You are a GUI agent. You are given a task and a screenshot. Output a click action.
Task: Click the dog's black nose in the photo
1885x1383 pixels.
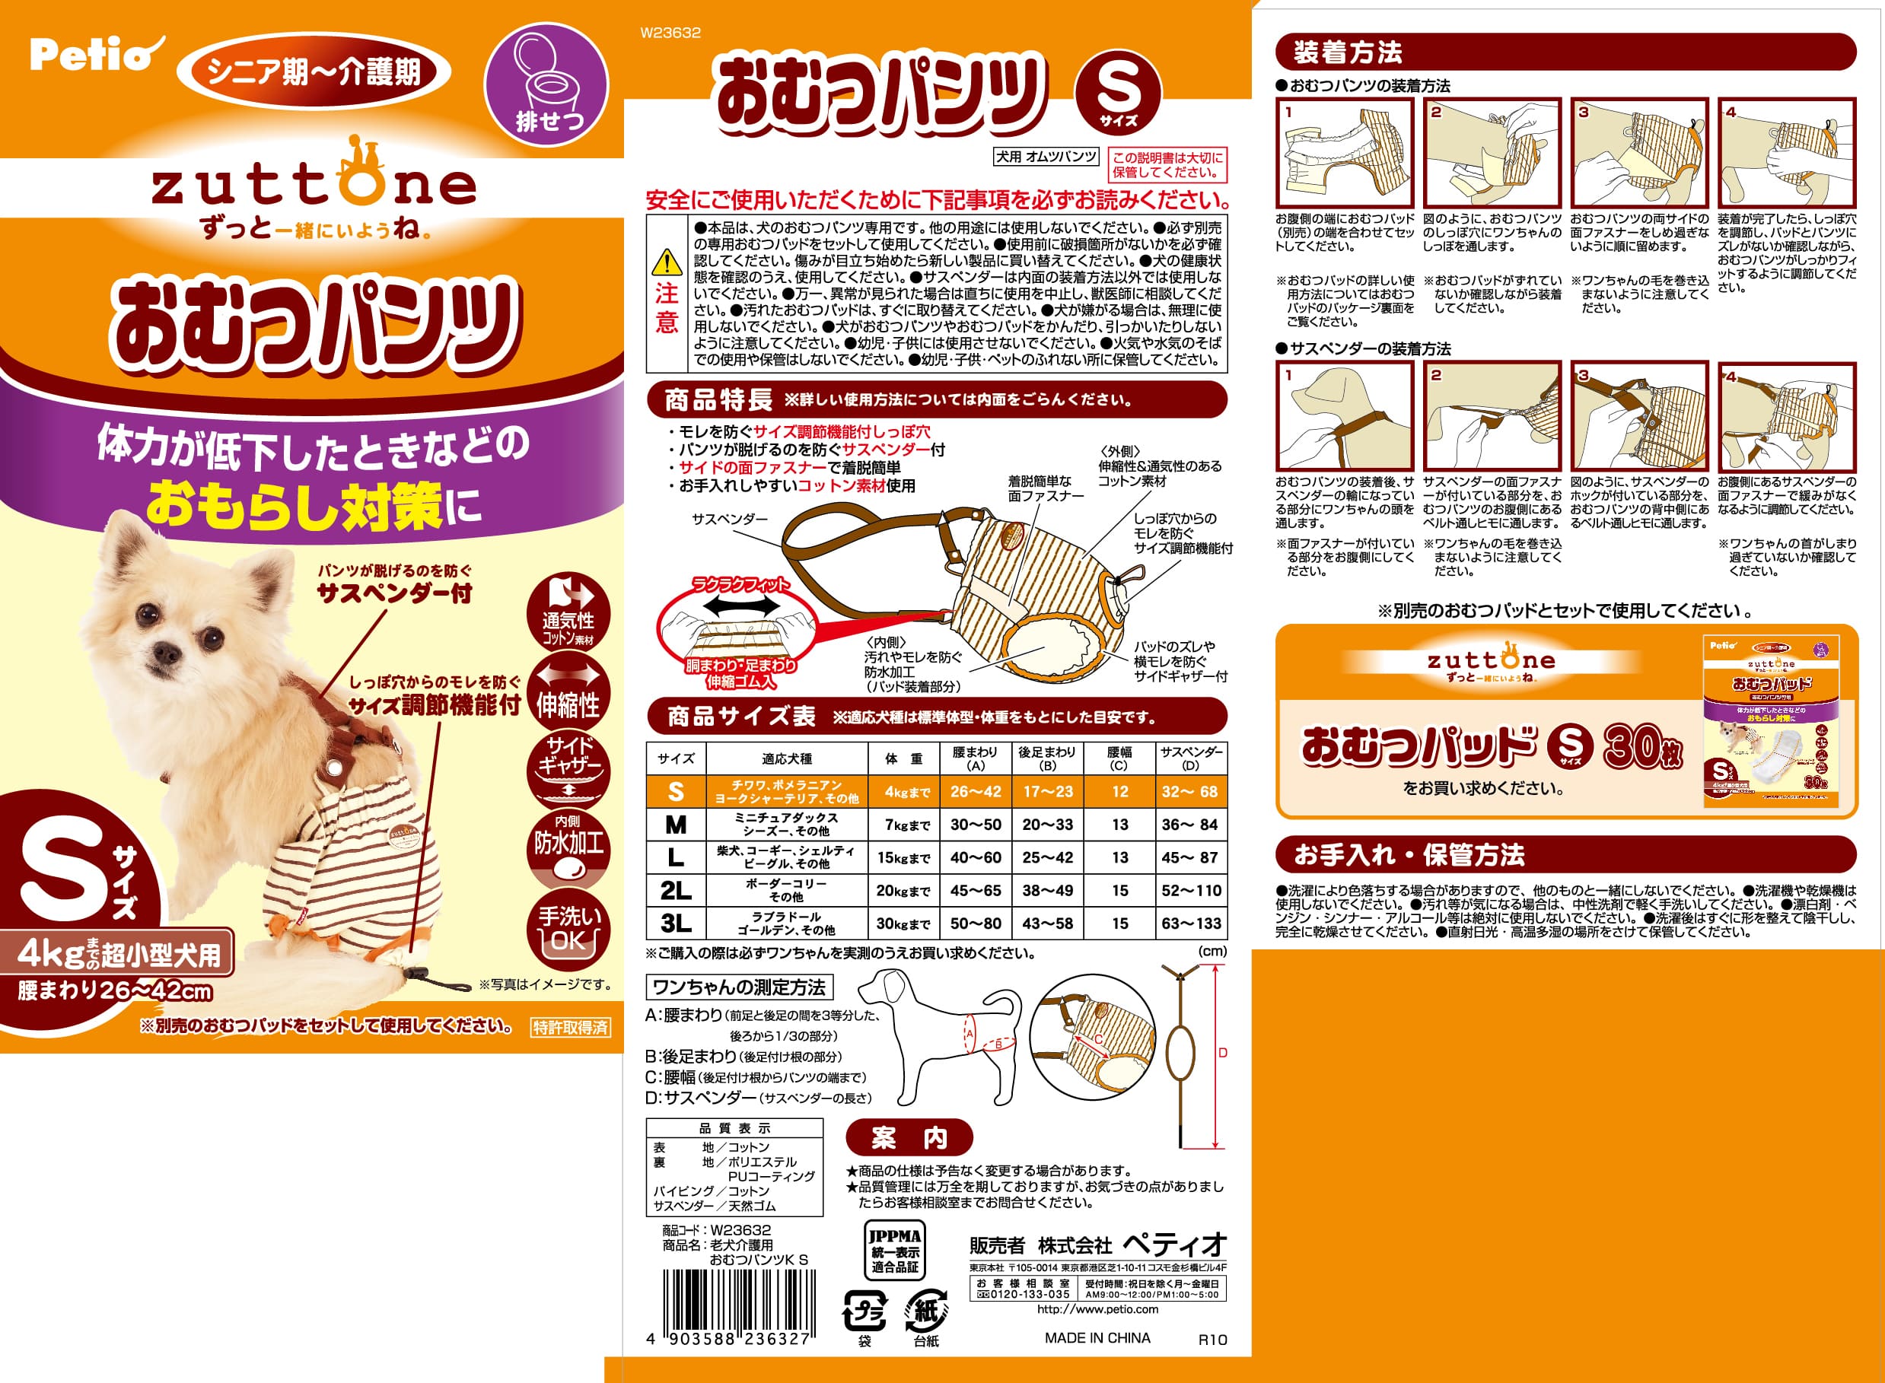click(166, 651)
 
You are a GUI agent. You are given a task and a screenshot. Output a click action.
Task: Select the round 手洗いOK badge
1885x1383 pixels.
click(568, 930)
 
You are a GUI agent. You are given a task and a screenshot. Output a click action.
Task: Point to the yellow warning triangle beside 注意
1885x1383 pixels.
click(667, 263)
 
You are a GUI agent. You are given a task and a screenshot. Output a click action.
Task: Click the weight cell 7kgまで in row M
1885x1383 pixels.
click(907, 825)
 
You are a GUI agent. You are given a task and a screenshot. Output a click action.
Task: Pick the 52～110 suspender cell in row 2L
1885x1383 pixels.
click(1191, 891)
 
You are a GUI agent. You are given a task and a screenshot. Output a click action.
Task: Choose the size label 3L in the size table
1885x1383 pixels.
click(675, 924)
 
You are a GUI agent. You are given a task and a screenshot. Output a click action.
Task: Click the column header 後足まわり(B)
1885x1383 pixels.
click(1046, 758)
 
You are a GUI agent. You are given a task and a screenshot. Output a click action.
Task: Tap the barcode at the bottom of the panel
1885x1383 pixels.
click(737, 1299)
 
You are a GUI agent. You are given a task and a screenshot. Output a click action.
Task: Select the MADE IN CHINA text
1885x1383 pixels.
click(1097, 1339)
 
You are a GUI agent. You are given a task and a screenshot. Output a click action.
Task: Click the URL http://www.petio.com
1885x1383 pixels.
click(1097, 1309)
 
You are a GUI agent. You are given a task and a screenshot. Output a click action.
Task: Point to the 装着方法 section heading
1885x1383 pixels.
click(1348, 52)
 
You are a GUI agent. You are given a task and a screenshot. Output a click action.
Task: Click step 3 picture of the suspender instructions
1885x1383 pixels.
click(1638, 416)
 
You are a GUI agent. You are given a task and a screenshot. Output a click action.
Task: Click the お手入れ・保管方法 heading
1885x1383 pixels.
click(1409, 856)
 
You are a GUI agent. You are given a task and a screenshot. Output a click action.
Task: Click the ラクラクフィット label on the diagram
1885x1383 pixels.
click(740, 585)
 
